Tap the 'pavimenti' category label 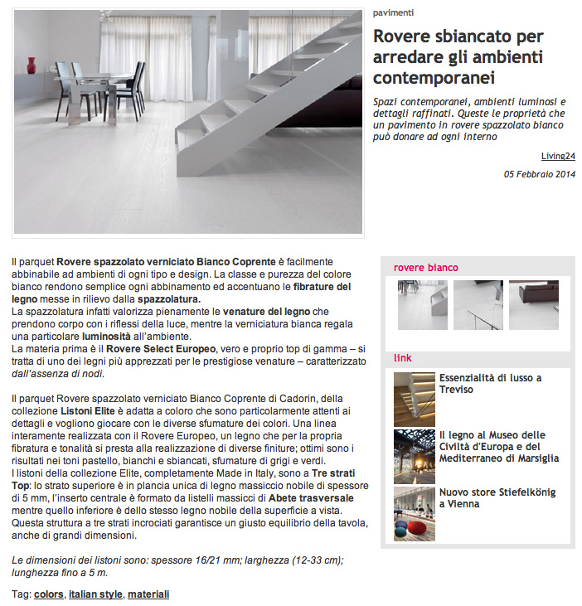pyautogui.click(x=393, y=12)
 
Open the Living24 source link pyautogui.click(x=558, y=154)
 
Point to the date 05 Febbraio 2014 pyautogui.click(x=540, y=174)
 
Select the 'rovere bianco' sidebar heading pyautogui.click(x=425, y=268)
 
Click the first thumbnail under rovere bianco pyautogui.click(x=421, y=304)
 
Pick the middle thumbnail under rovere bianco pyautogui.click(x=478, y=304)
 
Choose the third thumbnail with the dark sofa pyautogui.click(x=533, y=304)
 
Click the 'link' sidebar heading pyautogui.click(x=403, y=358)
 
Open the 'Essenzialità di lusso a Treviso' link pyautogui.click(x=490, y=383)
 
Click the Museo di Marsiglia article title pyautogui.click(x=498, y=446)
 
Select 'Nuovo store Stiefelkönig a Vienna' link pyautogui.click(x=497, y=497)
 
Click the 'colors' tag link pyautogui.click(x=49, y=594)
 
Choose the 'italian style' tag pyautogui.click(x=95, y=594)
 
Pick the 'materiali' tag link pyautogui.click(x=148, y=594)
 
